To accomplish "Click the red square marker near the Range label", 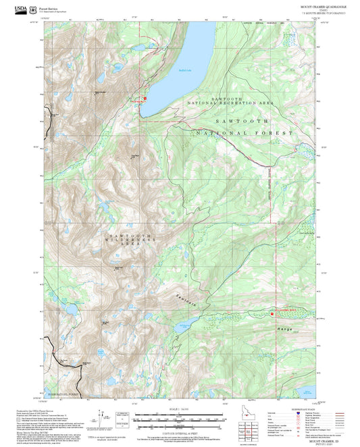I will (x=272, y=313).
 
